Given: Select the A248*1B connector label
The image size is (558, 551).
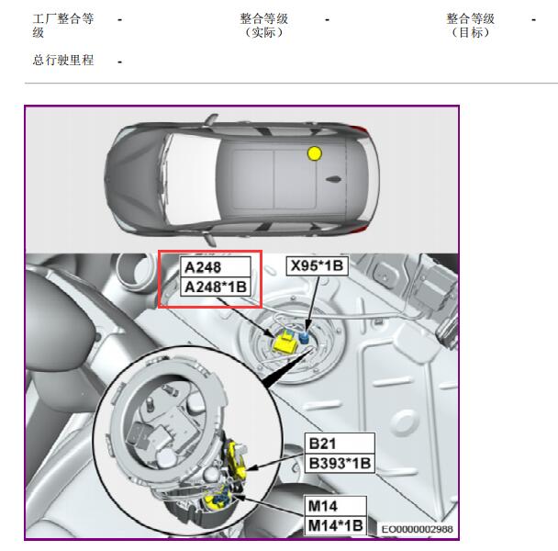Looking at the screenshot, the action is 216,287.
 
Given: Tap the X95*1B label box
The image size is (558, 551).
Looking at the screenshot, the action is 317,265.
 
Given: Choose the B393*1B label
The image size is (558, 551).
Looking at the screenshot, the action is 340,463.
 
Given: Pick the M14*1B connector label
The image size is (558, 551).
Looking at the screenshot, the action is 336,525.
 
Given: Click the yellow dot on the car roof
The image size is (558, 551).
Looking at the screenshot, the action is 315,153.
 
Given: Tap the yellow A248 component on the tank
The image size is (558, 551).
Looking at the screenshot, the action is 285,343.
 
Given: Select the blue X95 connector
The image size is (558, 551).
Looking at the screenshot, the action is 304,337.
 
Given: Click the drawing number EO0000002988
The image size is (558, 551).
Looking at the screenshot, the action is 417,529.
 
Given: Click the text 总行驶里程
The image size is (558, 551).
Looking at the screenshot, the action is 63,60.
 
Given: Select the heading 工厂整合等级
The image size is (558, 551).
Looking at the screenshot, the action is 63,26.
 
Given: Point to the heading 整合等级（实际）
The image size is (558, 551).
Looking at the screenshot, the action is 263,26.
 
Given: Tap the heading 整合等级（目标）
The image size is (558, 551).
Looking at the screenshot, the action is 471,26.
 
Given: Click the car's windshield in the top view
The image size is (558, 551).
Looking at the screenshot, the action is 192,179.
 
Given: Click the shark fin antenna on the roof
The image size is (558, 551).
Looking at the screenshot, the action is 334,179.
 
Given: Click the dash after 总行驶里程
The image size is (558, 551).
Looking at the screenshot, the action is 120,62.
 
